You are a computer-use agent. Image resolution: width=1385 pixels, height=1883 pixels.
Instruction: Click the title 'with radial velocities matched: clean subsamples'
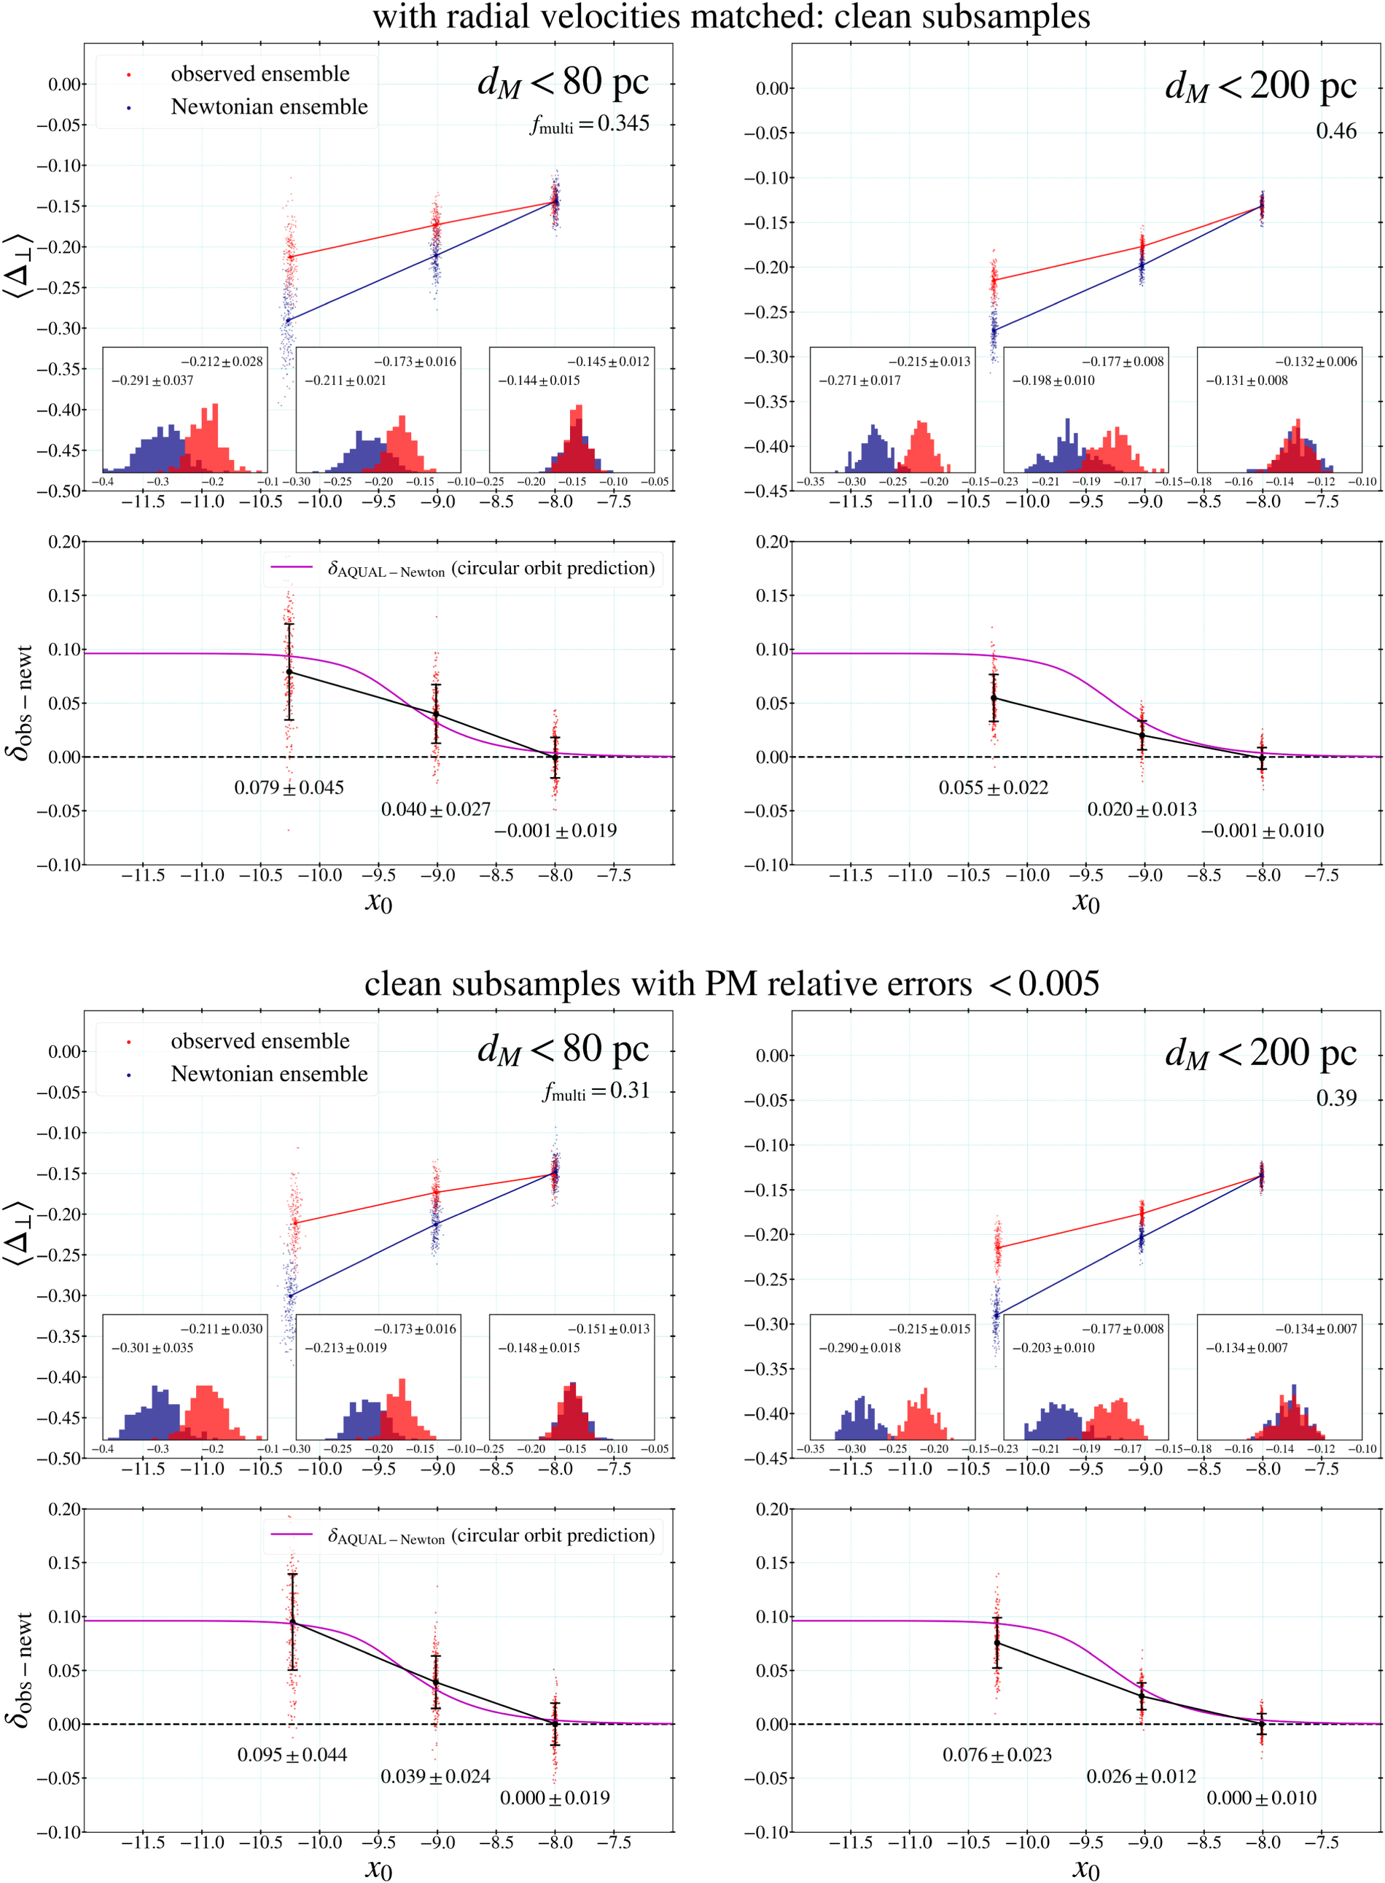pos(731,17)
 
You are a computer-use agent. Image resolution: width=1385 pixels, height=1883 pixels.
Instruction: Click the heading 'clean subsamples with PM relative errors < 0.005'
pos(731,983)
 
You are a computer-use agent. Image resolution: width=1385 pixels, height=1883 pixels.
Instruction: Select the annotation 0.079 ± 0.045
pos(289,787)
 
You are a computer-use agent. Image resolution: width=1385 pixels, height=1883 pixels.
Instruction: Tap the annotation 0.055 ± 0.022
pos(994,787)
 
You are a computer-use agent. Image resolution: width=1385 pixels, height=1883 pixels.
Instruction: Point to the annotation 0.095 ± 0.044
pos(292,1755)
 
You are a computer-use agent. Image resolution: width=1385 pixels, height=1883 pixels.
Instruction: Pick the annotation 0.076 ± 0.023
pos(996,1755)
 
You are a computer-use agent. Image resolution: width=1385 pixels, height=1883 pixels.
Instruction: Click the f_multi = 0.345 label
pos(590,124)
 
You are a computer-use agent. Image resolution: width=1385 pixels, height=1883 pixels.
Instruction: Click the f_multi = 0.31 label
pos(596,1091)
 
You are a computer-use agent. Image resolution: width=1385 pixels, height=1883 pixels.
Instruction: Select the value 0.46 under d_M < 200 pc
pos(1335,130)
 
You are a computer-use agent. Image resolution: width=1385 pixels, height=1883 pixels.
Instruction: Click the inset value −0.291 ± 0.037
pos(152,381)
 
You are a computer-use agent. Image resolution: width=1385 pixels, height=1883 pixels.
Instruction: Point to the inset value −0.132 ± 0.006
pos(1316,362)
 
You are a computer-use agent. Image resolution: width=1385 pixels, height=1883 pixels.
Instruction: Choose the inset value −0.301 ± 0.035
pos(152,1347)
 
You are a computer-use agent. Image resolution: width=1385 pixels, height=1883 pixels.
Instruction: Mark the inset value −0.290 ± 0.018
pos(859,1347)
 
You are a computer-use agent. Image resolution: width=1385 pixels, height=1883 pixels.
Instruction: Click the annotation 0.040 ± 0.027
pos(436,809)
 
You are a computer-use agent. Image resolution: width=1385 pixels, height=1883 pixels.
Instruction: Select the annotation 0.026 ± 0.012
pos(1141,1777)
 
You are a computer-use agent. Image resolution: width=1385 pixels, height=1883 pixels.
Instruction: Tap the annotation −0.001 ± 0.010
pos(1262,831)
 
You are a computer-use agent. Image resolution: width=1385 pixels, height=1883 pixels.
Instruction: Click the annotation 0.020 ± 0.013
pos(1142,809)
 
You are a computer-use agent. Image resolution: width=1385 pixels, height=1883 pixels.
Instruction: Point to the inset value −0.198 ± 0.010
pos(1053,381)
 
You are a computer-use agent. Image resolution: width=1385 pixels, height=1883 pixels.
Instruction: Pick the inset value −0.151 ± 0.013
pos(608,1328)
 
